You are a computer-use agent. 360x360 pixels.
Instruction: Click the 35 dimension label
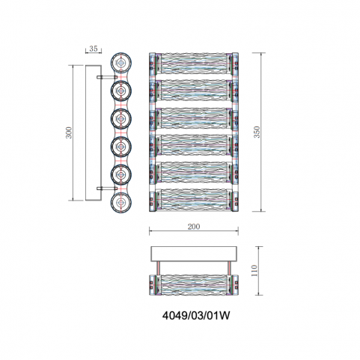[x=94, y=49]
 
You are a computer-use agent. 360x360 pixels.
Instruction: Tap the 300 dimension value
[x=69, y=132]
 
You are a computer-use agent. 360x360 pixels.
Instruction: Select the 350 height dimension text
[x=257, y=132]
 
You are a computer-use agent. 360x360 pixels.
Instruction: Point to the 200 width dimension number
[x=194, y=227]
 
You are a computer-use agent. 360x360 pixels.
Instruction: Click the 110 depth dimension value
[x=254, y=270]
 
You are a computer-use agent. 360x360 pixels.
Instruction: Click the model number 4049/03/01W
[x=196, y=316]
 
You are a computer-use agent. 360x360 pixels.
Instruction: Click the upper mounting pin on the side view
[x=107, y=77]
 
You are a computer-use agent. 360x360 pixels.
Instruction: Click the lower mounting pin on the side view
[x=107, y=189]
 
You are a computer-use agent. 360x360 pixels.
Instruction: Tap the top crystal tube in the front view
[x=194, y=64]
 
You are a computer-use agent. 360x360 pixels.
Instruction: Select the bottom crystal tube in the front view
[x=194, y=201]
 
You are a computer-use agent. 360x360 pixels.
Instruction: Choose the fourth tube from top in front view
[x=194, y=145]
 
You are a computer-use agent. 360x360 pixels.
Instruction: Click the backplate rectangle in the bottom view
[x=194, y=254]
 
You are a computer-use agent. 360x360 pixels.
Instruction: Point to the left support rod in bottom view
[x=158, y=268]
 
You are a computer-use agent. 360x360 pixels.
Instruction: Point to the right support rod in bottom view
[x=228, y=268]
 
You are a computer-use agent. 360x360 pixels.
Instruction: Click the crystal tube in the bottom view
[x=194, y=285]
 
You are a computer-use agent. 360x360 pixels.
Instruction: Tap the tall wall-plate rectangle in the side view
[x=94, y=132]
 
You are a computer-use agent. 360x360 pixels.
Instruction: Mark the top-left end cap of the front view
[x=153, y=64]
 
